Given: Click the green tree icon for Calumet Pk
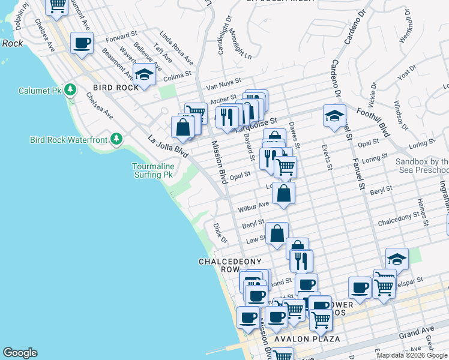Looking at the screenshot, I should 71,90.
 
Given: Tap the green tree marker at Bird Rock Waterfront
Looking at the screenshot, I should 116,140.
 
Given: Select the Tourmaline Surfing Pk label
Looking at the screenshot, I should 153,170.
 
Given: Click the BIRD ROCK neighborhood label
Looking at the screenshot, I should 112,87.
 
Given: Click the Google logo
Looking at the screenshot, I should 20,353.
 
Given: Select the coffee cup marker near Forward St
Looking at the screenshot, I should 82,43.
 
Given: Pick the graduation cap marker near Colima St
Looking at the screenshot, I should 144,74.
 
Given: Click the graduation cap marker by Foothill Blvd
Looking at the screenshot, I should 334,116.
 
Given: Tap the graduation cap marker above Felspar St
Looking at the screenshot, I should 397,259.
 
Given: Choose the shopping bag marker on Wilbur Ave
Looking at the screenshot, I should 284,193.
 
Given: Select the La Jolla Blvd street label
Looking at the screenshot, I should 169,147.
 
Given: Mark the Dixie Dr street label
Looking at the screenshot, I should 220,233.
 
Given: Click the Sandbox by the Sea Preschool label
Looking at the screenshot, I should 422,166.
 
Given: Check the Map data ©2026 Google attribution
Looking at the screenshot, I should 412,355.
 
